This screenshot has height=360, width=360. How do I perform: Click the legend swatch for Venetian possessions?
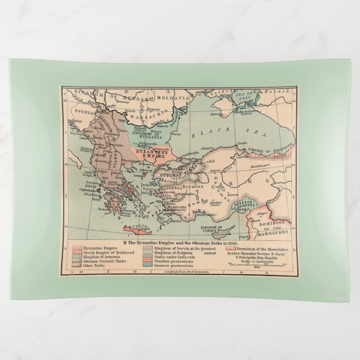(x=147, y=260)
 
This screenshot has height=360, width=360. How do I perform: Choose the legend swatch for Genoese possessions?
(x=147, y=266)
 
